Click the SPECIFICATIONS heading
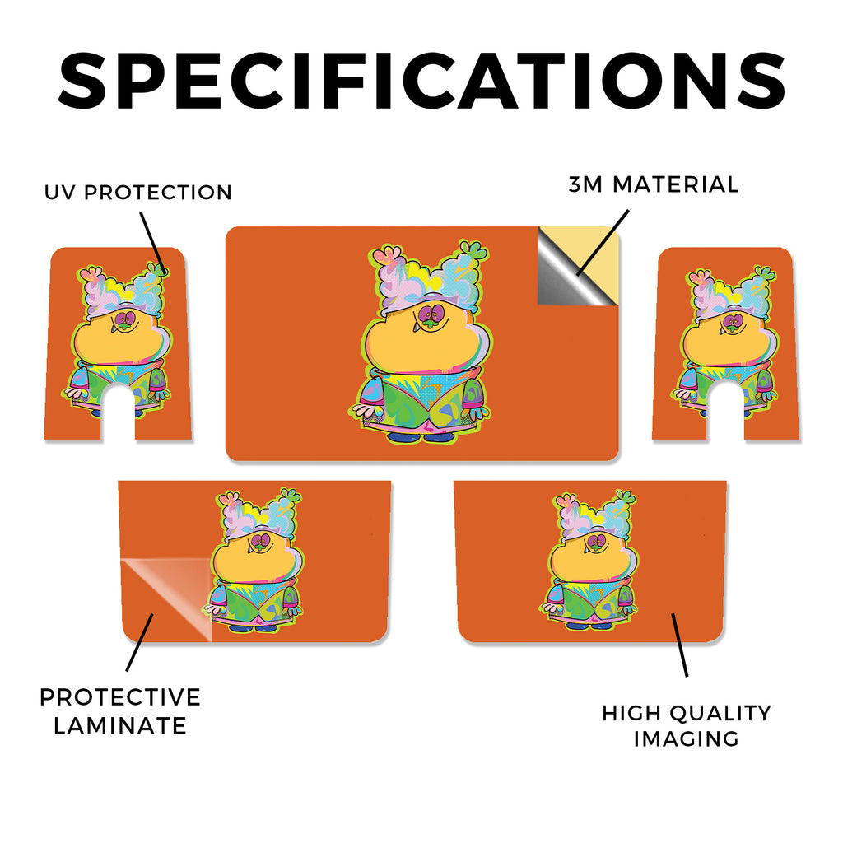(x=421, y=82)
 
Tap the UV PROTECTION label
(x=138, y=193)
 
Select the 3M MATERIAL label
(x=654, y=184)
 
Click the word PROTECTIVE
(x=120, y=697)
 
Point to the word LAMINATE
(x=120, y=726)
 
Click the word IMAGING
(x=687, y=738)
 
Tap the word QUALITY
(x=721, y=714)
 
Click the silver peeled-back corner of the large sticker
(x=565, y=274)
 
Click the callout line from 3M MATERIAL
(x=603, y=242)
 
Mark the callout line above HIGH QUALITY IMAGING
(x=679, y=644)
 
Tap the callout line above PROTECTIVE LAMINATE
(x=140, y=642)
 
